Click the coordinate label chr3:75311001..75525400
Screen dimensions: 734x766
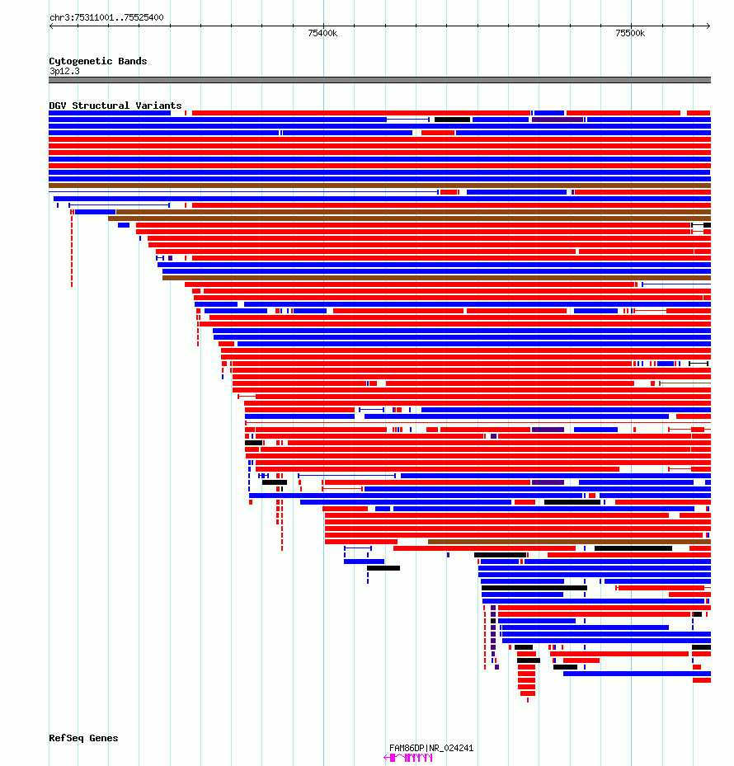click(106, 17)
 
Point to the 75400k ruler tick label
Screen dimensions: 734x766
click(322, 33)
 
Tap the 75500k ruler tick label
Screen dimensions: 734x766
click(630, 33)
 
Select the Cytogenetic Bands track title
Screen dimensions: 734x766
click(98, 61)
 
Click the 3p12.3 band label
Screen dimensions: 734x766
click(64, 72)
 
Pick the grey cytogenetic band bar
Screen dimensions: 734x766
click(379, 80)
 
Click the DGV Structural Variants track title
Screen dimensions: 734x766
click(115, 106)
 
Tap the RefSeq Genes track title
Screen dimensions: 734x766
click(83, 738)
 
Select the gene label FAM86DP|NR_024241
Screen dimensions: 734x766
click(431, 748)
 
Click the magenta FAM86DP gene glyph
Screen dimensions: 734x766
click(408, 758)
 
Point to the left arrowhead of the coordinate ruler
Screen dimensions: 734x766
click(51, 26)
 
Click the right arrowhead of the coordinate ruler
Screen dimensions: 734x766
click(708, 26)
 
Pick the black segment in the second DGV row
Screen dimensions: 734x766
click(452, 120)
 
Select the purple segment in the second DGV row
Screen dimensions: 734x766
click(558, 120)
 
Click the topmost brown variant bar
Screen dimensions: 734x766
click(379, 186)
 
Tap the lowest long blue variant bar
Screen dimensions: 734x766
click(637, 674)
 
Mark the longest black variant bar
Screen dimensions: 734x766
click(534, 588)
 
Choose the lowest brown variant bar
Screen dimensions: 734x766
click(569, 542)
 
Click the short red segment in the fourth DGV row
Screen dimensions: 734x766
click(438, 133)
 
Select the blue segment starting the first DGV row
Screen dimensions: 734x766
click(110, 113)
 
